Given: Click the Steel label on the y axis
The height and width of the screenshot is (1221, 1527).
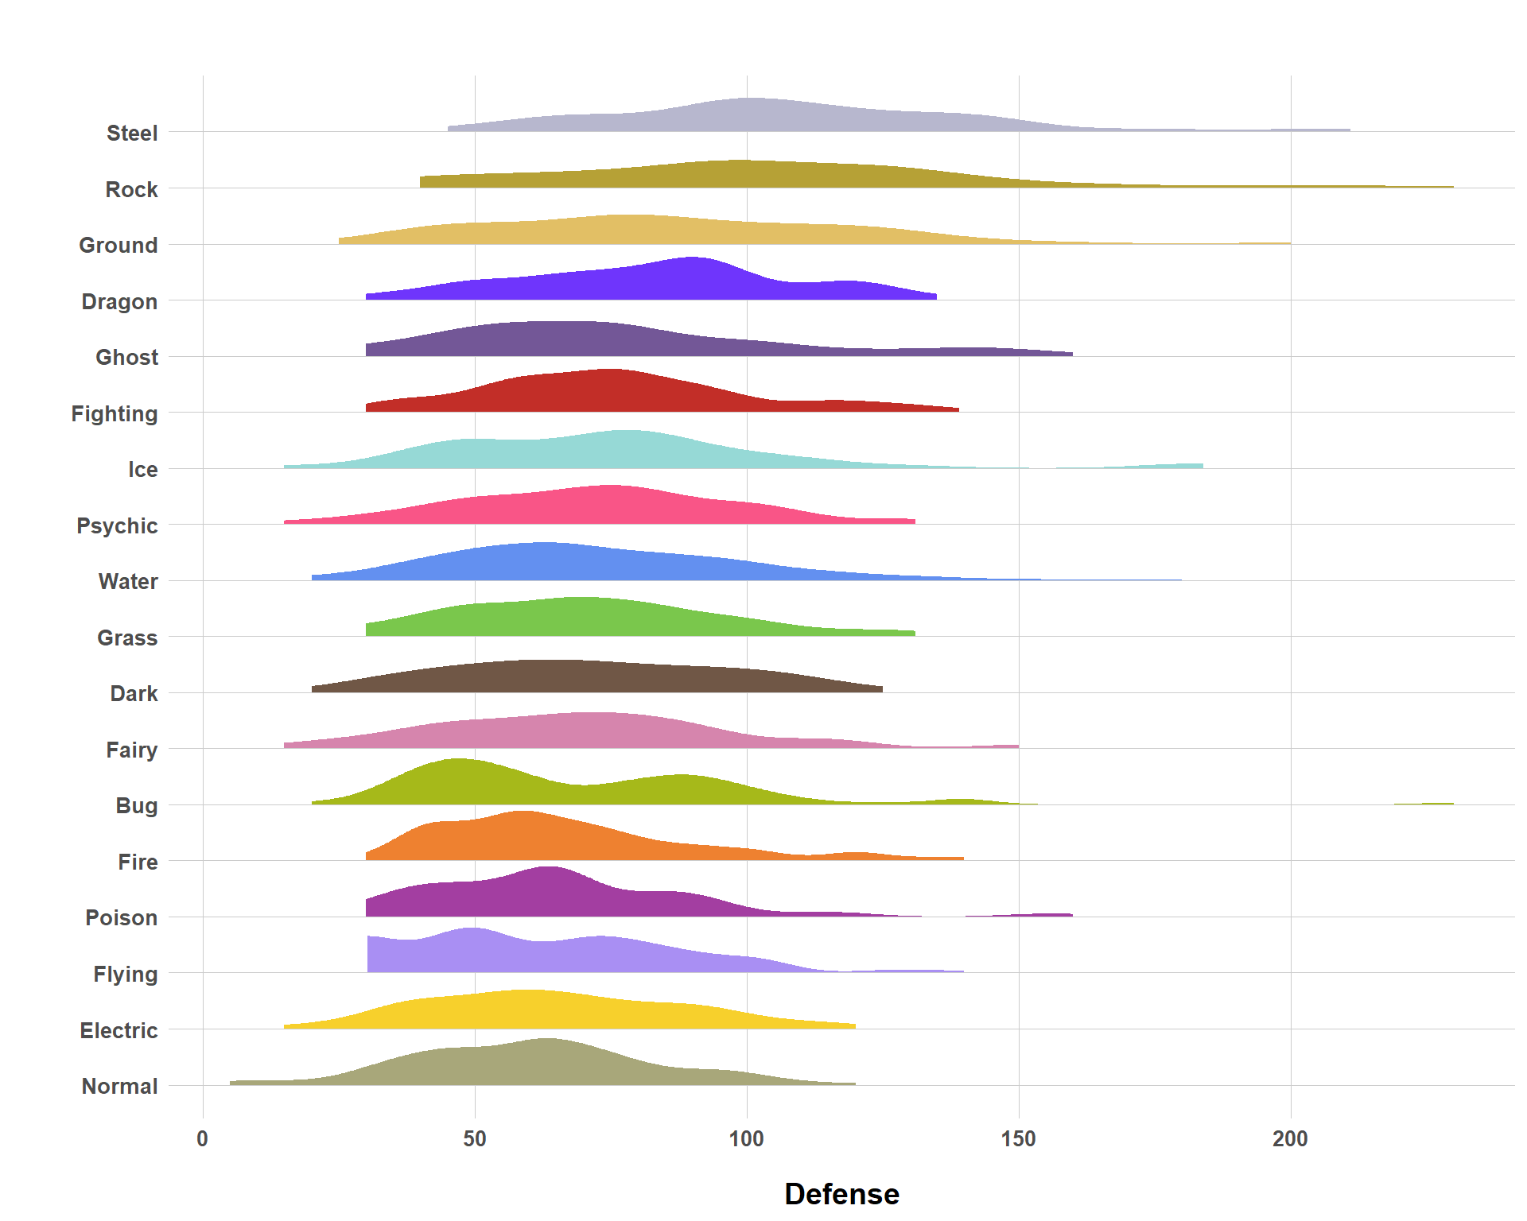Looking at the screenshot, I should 132,133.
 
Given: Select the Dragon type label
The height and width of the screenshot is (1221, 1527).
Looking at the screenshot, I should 119,302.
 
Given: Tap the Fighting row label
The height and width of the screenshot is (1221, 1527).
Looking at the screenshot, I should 115,414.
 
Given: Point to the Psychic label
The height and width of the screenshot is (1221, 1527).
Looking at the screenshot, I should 117,526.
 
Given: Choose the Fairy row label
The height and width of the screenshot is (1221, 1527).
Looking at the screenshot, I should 131,750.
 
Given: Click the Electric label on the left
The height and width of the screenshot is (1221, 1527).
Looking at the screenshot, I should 119,1031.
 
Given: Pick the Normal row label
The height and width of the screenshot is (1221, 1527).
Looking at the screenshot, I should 119,1087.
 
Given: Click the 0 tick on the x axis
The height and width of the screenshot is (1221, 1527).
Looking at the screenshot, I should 203,1139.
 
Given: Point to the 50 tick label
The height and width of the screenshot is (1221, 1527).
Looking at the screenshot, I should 475,1139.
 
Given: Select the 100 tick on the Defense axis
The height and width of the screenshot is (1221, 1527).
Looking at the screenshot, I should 747,1139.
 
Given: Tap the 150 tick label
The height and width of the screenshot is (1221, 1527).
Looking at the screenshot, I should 1019,1139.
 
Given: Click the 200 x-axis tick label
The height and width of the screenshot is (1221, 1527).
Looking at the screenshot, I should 1290,1139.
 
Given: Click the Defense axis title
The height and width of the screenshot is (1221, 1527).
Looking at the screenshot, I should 841,1194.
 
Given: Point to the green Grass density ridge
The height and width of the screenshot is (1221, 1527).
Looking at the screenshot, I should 581,618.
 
